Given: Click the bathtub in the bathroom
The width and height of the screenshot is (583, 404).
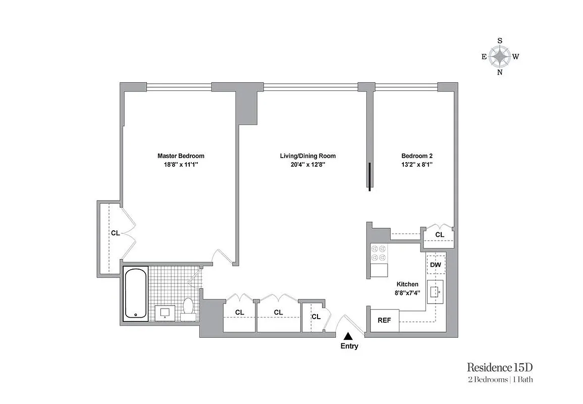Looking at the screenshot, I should [136, 293].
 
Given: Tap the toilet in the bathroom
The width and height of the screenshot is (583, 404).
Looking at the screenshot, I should [188, 309].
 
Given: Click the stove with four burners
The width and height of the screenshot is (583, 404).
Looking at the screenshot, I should [379, 254].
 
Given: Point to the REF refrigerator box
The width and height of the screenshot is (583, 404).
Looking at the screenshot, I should [385, 320].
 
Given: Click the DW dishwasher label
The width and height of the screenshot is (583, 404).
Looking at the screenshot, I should [435, 265].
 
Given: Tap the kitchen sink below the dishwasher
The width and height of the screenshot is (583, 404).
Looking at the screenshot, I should [435, 291].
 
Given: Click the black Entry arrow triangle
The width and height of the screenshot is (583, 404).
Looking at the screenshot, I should [348, 335].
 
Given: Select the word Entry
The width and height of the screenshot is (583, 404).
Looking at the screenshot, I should [349, 346].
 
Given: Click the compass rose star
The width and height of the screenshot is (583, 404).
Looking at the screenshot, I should [500, 57].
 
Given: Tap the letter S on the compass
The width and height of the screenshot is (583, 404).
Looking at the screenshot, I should [500, 40].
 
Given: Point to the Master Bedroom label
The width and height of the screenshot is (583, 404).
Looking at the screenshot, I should [181, 156].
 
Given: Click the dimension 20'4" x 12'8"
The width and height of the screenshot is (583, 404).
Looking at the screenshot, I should [308, 164].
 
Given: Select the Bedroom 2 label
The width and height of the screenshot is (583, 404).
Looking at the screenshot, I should [417, 156].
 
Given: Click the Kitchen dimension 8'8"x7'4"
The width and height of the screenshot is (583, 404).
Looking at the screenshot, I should [407, 292].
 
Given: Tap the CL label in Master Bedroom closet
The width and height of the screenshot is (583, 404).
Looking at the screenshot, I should [115, 233].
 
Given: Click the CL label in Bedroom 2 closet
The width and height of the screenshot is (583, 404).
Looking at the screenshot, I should [440, 235].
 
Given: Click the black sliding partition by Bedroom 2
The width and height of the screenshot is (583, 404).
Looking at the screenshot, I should [370, 177].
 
